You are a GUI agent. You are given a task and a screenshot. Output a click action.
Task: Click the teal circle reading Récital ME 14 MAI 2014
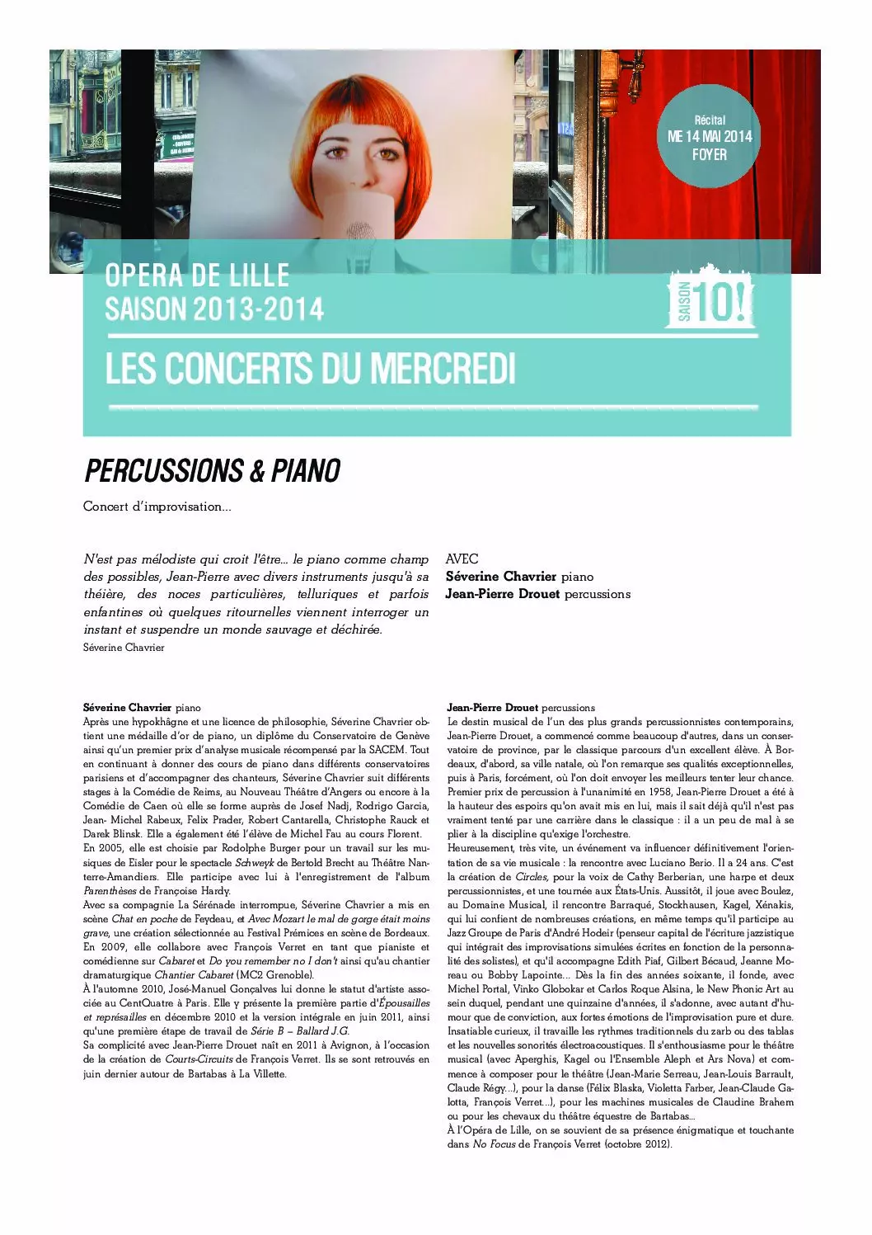tap(709, 137)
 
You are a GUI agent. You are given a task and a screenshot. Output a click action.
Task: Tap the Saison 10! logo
tap(710, 299)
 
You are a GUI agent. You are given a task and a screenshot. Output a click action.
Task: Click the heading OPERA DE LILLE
tap(197, 276)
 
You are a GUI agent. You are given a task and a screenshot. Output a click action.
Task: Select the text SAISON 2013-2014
tap(214, 309)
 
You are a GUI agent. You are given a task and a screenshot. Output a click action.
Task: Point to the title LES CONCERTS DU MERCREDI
tap(310, 369)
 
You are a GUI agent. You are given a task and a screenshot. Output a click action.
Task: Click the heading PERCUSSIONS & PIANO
tap(213, 471)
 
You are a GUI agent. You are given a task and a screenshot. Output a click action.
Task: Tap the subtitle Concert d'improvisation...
tap(157, 507)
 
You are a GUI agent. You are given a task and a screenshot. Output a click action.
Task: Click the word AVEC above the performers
tap(462, 559)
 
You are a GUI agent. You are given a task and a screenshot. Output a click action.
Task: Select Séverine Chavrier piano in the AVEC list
tap(519, 577)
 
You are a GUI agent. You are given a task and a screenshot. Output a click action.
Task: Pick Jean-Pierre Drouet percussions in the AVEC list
tap(537, 594)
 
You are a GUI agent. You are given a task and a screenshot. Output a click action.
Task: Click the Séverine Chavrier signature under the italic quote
tap(124, 648)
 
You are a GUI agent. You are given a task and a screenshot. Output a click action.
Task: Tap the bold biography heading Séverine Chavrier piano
tap(142, 707)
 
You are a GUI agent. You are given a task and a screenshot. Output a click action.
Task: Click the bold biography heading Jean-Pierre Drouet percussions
tap(520, 707)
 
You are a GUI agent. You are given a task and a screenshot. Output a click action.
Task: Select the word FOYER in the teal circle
tap(709, 154)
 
